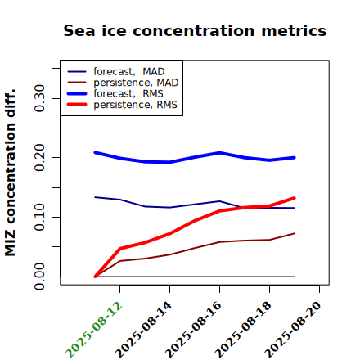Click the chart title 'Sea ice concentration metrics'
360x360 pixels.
coord(195,30)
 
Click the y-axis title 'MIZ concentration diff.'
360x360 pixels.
coord(10,173)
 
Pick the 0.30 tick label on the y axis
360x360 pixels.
coord(39,98)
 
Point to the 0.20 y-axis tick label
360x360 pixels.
coord(39,158)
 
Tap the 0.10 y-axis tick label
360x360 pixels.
coord(39,217)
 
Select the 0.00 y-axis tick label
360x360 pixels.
coord(39,277)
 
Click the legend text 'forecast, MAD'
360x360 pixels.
coord(129,72)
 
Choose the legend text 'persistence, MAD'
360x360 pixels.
coord(136,83)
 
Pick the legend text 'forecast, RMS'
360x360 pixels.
coord(128,94)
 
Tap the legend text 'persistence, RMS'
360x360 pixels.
coord(135,105)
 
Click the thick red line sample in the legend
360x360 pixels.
coord(77,105)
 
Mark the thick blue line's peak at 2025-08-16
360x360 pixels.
coord(220,152)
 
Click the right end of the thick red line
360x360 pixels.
coord(295,198)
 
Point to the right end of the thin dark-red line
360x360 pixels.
coord(295,233)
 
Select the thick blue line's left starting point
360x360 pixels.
coord(95,152)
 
